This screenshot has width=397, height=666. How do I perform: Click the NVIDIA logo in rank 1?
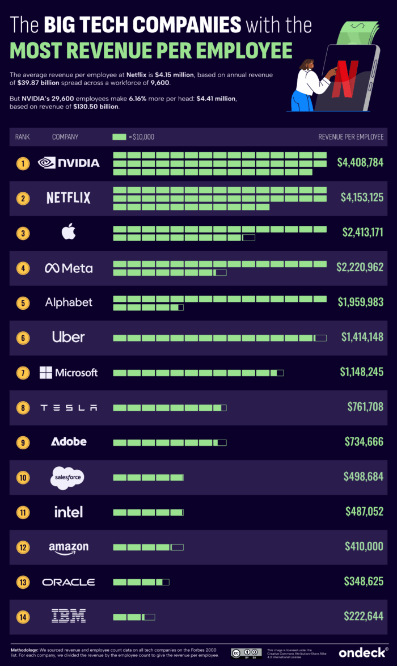pos(68,163)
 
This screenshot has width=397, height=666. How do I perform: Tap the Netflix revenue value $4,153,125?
pos(362,197)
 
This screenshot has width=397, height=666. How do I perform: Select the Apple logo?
pos(69,232)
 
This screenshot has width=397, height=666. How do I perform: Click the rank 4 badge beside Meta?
pos(23,268)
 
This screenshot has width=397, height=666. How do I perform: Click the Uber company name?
pos(69,337)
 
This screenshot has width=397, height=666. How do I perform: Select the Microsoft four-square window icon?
pos(46,373)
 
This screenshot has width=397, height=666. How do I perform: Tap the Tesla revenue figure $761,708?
pos(365,407)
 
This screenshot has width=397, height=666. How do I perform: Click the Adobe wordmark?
pos(69,441)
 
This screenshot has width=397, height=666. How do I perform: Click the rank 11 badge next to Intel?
pos(23,512)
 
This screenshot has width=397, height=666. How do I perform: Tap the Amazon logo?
pos(69,547)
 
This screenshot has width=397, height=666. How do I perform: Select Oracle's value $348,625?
pos(364,581)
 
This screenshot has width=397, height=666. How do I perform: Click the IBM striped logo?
pos(69,616)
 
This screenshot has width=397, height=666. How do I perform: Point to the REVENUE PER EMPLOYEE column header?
pos(350,137)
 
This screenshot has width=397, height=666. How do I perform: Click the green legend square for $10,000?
pos(119,137)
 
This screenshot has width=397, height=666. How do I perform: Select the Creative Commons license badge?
pos(246,652)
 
